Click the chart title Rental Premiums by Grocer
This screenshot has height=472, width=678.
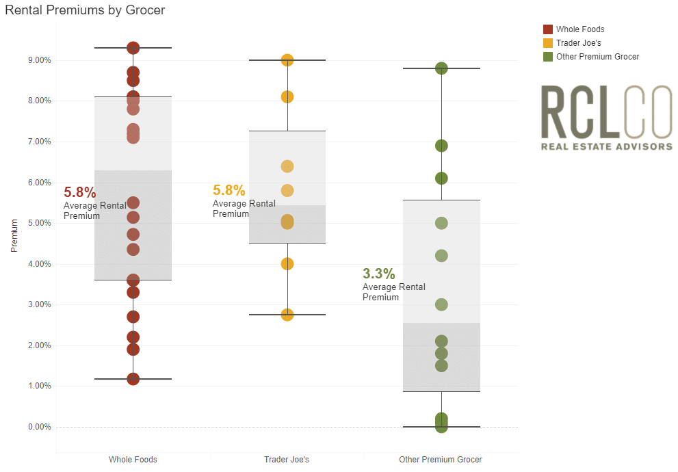point(85,10)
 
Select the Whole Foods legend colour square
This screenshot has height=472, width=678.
point(547,29)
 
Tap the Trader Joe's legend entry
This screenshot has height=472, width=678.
point(578,43)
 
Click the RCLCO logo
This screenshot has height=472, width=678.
point(606,117)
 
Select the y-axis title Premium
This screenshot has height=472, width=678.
point(14,236)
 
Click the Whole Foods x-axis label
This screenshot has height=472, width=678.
point(133,460)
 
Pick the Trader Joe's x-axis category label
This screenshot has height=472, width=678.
point(287,460)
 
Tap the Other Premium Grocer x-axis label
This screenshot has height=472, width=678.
point(441,460)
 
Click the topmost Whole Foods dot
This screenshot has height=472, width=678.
point(133,48)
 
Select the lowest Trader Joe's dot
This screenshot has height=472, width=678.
point(287,315)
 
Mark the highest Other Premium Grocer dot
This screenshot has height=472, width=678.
point(441,68)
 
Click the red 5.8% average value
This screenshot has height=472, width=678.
point(80,193)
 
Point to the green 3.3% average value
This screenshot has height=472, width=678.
point(379,274)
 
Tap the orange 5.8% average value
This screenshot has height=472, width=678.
point(229,191)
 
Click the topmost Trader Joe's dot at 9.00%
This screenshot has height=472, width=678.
point(287,60)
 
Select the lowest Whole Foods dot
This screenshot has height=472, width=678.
point(133,379)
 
